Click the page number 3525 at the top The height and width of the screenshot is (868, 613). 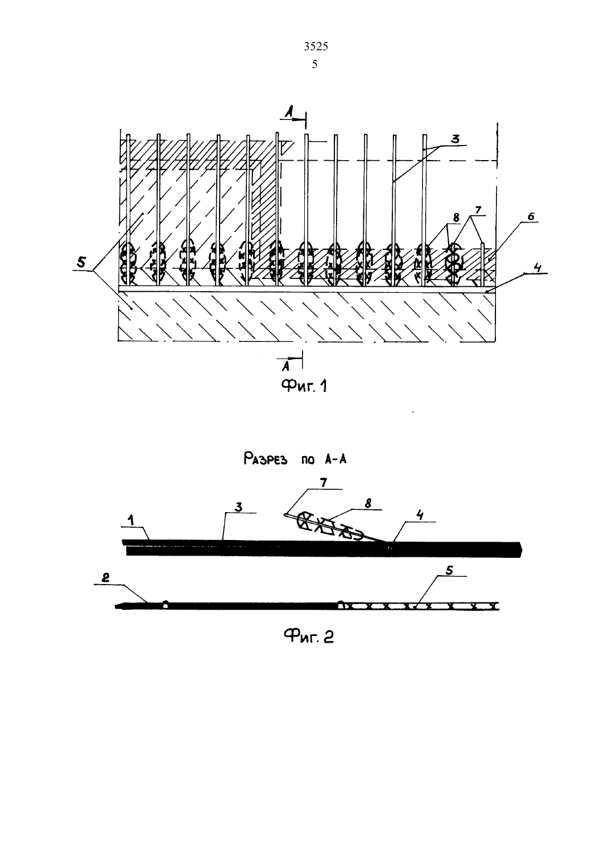(316, 46)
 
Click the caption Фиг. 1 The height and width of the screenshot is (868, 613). (304, 385)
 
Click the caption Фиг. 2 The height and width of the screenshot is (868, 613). (308, 636)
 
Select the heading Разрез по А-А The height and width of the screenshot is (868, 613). (295, 459)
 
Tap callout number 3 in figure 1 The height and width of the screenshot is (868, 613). (455, 138)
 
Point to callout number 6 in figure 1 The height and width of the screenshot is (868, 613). (531, 216)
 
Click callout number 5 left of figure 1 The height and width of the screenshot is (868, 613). (81, 262)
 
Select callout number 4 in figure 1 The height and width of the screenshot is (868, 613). (539, 267)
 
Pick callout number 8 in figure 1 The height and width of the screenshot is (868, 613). (456, 218)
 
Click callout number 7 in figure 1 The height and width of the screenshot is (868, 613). (478, 210)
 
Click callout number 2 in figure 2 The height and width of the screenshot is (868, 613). (105, 577)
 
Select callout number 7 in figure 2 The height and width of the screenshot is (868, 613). (324, 483)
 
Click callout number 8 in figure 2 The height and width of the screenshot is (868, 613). (368, 503)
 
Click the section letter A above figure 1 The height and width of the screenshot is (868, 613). (288, 112)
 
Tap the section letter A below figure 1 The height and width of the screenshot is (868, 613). (286, 365)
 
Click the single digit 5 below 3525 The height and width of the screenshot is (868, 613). (315, 64)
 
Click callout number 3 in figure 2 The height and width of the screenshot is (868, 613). (239, 507)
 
